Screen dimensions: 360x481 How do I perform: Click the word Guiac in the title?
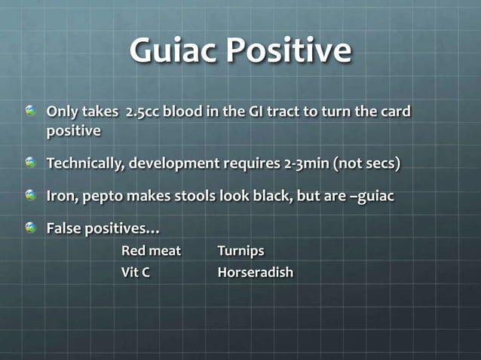(x=173, y=51)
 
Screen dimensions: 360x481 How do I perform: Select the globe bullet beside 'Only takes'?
(x=31, y=111)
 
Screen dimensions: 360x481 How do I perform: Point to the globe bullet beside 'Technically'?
(x=31, y=162)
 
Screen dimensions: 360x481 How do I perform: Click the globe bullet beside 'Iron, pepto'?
(x=31, y=194)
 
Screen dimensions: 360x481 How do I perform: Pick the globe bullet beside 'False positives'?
(x=31, y=227)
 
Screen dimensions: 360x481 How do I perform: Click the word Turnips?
(x=240, y=250)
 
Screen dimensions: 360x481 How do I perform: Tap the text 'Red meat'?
(x=151, y=250)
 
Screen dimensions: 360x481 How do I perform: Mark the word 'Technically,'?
(x=85, y=163)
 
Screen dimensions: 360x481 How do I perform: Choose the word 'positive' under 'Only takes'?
(x=74, y=131)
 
